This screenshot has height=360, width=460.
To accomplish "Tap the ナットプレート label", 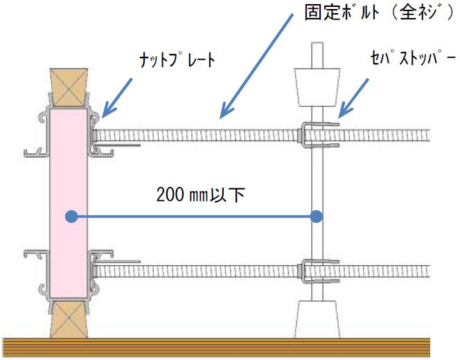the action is click(177, 60).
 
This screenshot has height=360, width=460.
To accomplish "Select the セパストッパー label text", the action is click(413, 57).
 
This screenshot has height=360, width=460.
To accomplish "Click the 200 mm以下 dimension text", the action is click(201, 195).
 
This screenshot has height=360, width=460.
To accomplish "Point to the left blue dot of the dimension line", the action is click(71, 217).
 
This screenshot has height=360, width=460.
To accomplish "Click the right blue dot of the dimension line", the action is click(316, 217).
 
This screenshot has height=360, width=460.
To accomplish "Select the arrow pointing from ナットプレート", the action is click(117, 98).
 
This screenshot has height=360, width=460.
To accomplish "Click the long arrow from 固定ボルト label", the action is click(256, 66).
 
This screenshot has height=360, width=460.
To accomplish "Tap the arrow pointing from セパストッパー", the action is click(353, 98).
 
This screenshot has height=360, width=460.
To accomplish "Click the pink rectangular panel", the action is click(68, 204).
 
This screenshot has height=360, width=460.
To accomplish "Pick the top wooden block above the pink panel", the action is click(69, 87).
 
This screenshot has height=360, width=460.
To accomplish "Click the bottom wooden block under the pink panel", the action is click(69, 320).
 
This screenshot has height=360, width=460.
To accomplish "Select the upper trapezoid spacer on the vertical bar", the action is click(317, 87).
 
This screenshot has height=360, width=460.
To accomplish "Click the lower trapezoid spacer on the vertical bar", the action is click(317, 319).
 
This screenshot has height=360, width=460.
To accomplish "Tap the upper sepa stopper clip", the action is click(320, 135).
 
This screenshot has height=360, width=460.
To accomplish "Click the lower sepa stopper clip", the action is click(320, 271).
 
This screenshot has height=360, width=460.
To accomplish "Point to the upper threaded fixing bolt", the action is click(261, 136).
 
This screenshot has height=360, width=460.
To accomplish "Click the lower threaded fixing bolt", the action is click(261, 271).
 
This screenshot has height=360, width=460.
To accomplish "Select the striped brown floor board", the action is click(216, 348).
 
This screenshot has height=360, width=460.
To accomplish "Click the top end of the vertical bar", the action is click(317, 43).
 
